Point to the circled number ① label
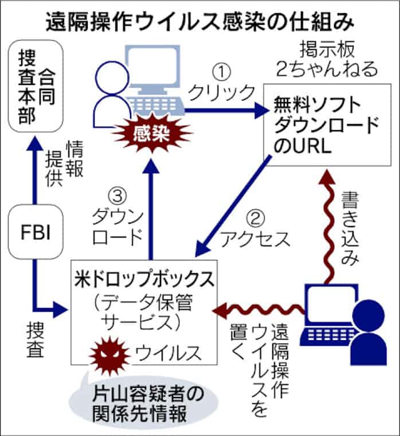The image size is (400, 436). (x=221, y=71)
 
